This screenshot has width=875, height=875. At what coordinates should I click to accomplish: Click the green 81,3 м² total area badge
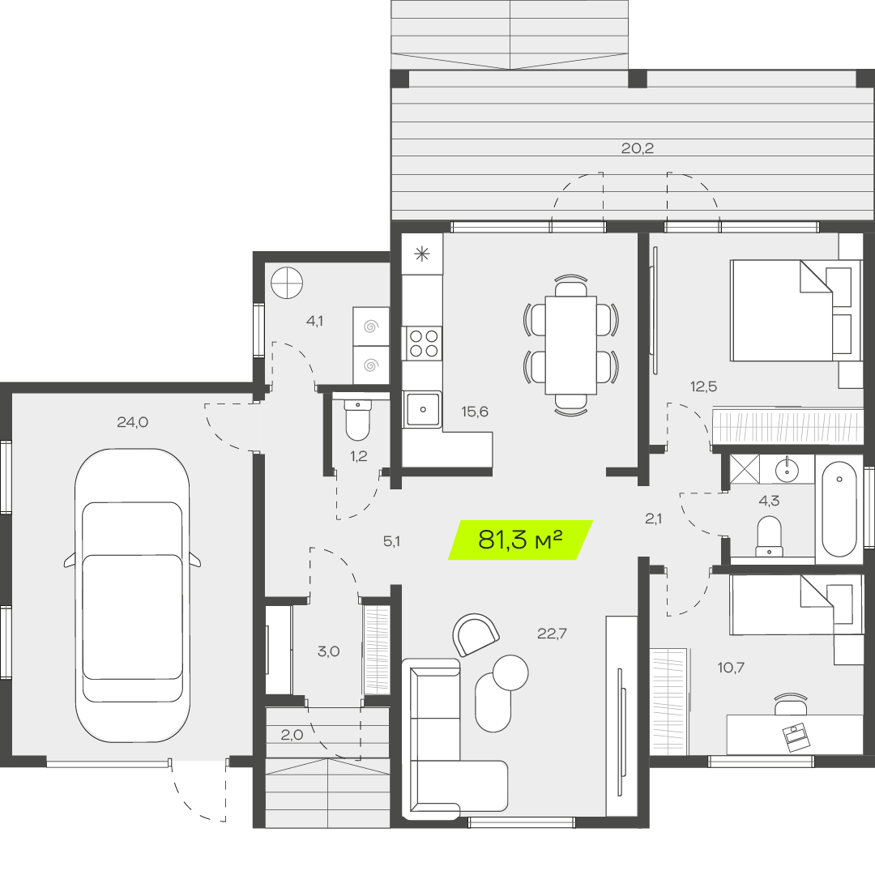coord(521,540)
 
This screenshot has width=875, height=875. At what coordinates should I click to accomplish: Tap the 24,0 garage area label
coord(133,422)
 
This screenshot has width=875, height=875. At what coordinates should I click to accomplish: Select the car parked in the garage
coord(132,595)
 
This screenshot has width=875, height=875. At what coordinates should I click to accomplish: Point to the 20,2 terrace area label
coord(638,148)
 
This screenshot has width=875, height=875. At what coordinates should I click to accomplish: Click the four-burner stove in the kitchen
coord(423,343)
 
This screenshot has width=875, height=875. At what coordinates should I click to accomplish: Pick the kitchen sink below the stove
coord(422,409)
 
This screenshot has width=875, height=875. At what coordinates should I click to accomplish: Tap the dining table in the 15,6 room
coord(571,345)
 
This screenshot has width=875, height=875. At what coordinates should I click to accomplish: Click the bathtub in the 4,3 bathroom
coord(839,509)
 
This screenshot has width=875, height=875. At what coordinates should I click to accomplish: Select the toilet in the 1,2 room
coord(357,420)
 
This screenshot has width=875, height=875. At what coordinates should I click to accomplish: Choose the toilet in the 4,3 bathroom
coord(769,537)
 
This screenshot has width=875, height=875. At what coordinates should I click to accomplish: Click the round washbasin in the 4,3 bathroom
coord(787,470)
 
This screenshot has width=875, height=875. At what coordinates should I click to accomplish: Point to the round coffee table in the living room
coord(510,672)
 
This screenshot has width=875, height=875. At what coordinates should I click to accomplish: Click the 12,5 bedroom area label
coord(704,386)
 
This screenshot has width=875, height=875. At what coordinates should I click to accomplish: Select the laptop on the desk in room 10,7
coord(796,737)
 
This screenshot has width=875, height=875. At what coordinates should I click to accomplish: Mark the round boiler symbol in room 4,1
coord(287,283)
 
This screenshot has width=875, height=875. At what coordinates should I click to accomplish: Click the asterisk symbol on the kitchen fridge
coord(422,254)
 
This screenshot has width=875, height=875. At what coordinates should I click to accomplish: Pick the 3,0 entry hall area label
coord(329,651)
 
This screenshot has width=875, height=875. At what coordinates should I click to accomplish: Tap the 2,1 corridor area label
coord(654,519)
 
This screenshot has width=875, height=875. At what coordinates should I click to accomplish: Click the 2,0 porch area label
coord(292,735)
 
